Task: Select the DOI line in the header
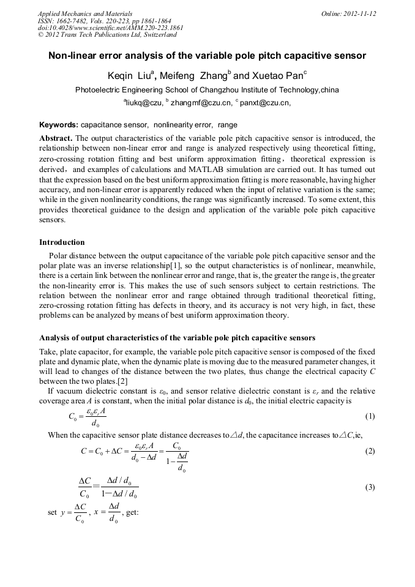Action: pyautogui.click(x=110, y=28)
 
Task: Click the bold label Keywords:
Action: pyautogui.click(x=59, y=125)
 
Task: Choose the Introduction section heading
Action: pyautogui.click(x=62, y=242)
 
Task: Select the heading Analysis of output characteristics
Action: pyautogui.click(x=177, y=338)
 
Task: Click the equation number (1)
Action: pyautogui.click(x=370, y=416)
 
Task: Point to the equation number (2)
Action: pyautogui.click(x=370, y=451)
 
